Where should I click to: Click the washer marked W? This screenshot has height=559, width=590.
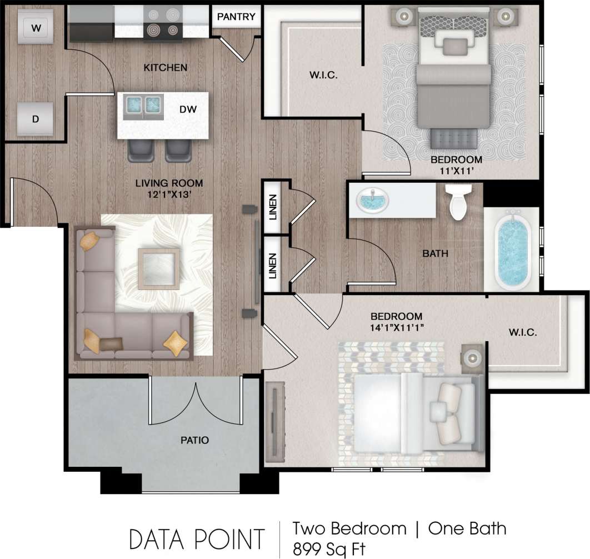tap(36, 28)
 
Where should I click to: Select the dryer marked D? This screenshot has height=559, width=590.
tap(35, 118)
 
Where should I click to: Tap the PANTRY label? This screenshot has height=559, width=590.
tap(236, 17)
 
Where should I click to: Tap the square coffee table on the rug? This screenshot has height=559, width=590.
tap(159, 269)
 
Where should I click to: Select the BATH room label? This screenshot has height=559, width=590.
tap(435, 254)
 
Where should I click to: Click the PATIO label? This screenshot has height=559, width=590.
tap(194, 440)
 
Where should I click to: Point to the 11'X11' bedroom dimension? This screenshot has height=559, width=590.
tap(454, 172)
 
